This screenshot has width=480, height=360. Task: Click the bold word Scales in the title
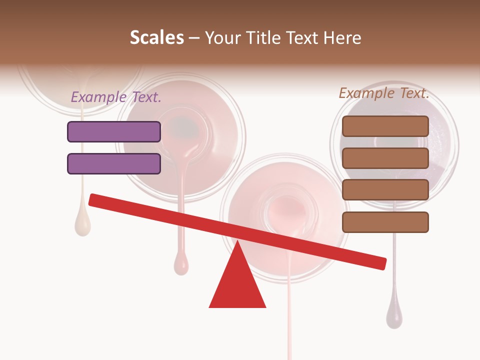[x=156, y=38]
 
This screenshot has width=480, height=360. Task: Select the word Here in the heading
[x=342, y=38]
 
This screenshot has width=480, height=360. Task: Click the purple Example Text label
[x=116, y=97]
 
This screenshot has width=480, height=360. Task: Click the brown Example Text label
[x=384, y=93]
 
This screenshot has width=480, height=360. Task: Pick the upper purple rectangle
[x=114, y=131]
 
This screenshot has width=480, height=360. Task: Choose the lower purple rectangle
[x=114, y=163]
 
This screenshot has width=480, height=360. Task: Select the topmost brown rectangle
[x=385, y=126]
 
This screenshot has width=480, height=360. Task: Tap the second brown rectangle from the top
[x=385, y=158]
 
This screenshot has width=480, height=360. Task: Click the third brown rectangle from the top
[x=385, y=190]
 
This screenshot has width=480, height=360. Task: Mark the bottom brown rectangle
[x=385, y=222]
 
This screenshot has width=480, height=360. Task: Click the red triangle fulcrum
[x=237, y=285]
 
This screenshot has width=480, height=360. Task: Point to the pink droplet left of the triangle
[x=181, y=263]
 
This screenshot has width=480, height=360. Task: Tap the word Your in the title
[x=220, y=38]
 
